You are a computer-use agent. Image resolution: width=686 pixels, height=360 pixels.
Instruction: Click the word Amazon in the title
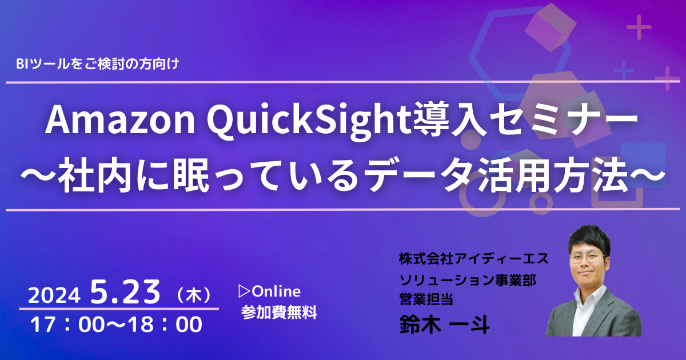[x=119, y=121]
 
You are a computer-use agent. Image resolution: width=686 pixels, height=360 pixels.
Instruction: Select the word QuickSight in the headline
[x=309, y=122]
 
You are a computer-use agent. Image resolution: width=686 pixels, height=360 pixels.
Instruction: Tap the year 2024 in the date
[x=54, y=296]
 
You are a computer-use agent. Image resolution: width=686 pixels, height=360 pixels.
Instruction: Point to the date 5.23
[x=125, y=292]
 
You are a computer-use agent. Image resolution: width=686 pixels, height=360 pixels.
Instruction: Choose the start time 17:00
[x=67, y=325]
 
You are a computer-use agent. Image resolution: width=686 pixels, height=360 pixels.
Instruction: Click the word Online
[x=276, y=291]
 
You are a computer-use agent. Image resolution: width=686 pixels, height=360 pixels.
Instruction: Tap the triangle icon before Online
[x=245, y=291]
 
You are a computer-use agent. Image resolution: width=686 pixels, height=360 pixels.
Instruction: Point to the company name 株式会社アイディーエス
[x=473, y=259]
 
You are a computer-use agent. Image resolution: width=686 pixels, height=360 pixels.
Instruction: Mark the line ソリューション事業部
[x=468, y=280]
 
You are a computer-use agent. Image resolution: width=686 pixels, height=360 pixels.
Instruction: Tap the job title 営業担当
[x=426, y=299]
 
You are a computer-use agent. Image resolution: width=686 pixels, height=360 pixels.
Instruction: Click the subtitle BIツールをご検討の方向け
[x=97, y=63]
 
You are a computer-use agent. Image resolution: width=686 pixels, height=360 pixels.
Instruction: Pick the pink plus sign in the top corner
[x=639, y=27]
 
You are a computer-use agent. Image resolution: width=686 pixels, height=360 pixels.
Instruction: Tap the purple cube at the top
[x=551, y=27]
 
